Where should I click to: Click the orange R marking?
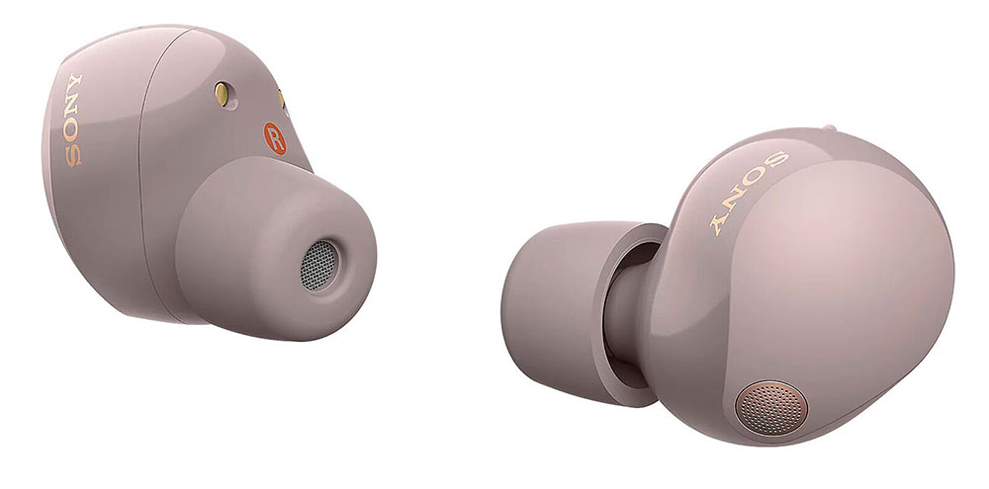point(275,138)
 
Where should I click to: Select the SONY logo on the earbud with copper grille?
point(748,193)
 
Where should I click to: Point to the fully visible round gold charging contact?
point(222,94)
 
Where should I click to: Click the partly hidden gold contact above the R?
point(282,100)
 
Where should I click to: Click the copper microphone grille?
point(770,408)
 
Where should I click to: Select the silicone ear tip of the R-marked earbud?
point(276,248)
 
